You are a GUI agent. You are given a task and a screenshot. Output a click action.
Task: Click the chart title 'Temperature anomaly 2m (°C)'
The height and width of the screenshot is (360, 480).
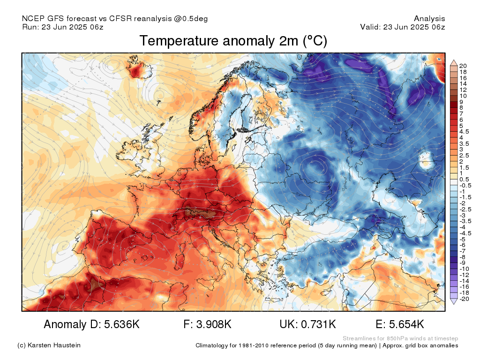pyautogui.click(x=233, y=41)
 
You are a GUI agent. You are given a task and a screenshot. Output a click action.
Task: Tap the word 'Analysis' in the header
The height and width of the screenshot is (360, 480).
pyautogui.click(x=429, y=19)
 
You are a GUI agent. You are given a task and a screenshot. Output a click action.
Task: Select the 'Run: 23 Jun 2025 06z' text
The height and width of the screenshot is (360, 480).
pyautogui.click(x=63, y=27)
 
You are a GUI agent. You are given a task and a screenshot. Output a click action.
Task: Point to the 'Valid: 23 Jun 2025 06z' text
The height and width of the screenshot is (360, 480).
pyautogui.click(x=403, y=27)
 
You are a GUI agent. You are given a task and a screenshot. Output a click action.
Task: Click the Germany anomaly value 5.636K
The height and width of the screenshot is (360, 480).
pyautogui.click(x=122, y=324)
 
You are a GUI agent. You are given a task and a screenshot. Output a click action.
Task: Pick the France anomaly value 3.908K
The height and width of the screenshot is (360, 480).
pyautogui.click(x=214, y=324)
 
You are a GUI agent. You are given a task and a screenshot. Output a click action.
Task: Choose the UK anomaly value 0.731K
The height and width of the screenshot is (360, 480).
pyautogui.click(x=318, y=324)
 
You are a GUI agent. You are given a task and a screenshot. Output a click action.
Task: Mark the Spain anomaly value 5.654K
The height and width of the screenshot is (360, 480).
pyautogui.click(x=406, y=324)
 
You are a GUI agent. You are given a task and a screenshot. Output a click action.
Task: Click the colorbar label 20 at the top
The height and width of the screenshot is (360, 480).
pyautogui.click(x=463, y=66)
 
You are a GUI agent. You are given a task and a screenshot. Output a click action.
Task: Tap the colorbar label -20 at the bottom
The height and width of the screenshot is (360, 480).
pyautogui.click(x=464, y=299)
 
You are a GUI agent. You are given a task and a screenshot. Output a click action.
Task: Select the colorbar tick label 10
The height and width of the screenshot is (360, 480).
pyautogui.click(x=463, y=96)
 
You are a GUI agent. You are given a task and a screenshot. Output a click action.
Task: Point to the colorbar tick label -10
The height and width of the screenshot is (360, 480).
pyautogui.click(x=464, y=269)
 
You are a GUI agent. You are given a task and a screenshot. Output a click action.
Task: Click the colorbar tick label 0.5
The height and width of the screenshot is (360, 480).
pyautogui.click(x=464, y=180)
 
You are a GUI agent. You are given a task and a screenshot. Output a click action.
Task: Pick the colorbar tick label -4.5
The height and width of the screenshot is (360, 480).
pyautogui.click(x=465, y=233)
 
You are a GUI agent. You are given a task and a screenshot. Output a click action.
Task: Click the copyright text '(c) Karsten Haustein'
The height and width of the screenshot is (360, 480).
pyautogui.click(x=49, y=345)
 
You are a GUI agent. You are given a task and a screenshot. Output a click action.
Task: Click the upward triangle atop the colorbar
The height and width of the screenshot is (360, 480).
pyautogui.click(x=454, y=63)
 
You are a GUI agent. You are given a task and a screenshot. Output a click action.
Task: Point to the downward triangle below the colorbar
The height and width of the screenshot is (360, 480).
pyautogui.click(x=454, y=301)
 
